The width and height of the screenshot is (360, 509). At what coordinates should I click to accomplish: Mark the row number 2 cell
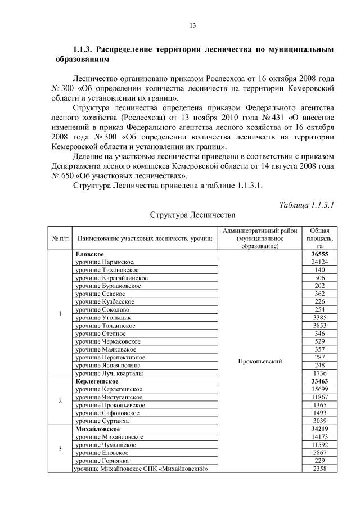pyautogui.click(x=60, y=401)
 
